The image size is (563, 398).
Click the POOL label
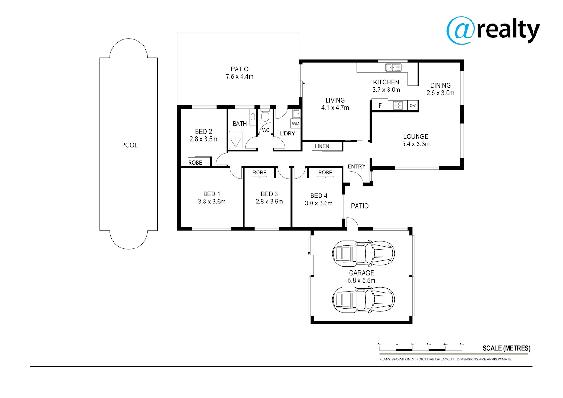[129, 145]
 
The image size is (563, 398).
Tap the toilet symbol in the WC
[265, 115]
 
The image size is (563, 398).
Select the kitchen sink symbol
[393, 68]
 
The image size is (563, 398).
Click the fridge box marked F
[380, 105]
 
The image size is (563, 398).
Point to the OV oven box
[412, 105]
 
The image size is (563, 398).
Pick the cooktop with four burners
[398, 105]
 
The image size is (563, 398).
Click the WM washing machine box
[296, 124]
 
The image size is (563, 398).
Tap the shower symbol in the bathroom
[236, 140]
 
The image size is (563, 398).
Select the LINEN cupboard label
[322, 146]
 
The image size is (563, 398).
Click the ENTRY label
[357, 166]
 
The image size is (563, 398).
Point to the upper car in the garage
[363, 254]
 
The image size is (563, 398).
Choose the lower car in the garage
[363, 300]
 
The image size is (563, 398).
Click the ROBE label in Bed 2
[195, 163]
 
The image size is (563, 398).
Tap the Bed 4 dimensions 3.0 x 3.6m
[319, 203]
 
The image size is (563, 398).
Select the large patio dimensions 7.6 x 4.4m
[240, 76]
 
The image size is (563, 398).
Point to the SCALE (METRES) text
[506, 348]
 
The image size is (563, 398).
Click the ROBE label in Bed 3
[259, 173]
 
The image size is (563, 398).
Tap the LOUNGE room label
[416, 136]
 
